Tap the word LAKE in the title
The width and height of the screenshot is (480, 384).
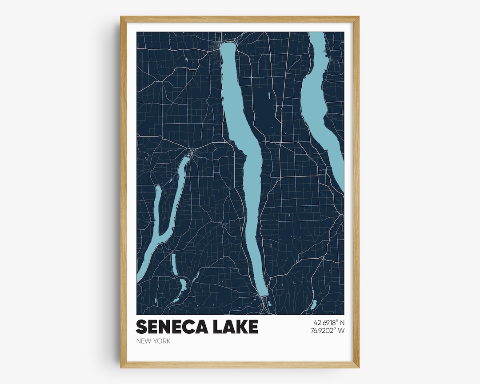coord(234,327)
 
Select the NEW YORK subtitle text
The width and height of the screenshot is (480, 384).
coord(153,341)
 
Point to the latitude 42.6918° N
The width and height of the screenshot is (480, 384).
coord(329,322)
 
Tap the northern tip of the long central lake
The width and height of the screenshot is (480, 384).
coord(228,44)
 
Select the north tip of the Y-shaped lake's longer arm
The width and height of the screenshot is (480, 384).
coord(188,156)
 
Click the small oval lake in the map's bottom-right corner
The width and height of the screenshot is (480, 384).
coord(313,304)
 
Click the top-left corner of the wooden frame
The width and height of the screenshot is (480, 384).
coord(121,17)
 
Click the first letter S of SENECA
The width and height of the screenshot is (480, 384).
coord(141,327)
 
